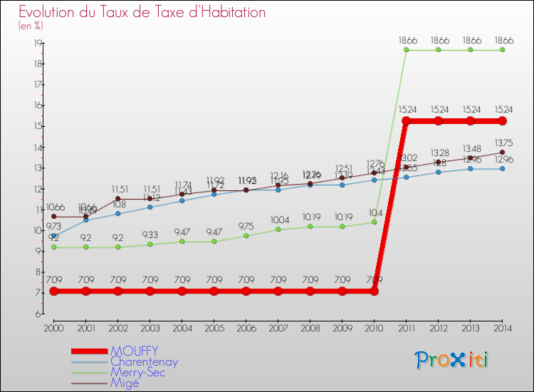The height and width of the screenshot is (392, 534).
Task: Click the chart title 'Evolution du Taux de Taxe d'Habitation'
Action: (142, 12)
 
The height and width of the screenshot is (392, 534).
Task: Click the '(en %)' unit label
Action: (31, 26)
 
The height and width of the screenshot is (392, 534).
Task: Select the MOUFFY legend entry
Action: (134, 351)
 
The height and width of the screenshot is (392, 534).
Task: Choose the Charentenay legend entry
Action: (145, 361)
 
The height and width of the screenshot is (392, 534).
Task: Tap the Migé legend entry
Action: (126, 383)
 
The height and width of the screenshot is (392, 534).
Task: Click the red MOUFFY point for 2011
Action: (407, 121)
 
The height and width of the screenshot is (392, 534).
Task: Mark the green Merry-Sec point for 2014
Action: (503, 50)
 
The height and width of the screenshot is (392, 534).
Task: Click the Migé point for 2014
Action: (503, 152)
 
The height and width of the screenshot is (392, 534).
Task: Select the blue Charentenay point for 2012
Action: (439, 172)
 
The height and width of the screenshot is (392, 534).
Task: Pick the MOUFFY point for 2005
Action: (214, 291)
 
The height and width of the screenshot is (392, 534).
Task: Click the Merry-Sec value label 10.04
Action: (278, 220)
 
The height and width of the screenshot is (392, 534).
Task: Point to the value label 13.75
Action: (503, 142)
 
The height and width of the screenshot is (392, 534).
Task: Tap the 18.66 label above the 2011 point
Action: (407, 41)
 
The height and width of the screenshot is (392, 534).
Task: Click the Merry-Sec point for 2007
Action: (278, 229)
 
